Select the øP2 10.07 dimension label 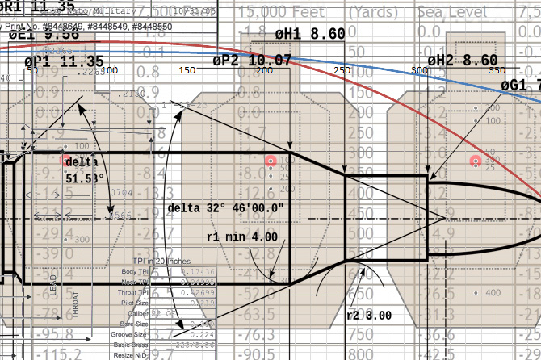tap(252, 61)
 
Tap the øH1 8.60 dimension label tap(310, 34)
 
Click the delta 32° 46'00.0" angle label tap(226, 207)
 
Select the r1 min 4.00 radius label tap(241, 237)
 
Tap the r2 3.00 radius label tap(369, 315)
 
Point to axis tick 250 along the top tap(342, 71)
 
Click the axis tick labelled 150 tap(187, 71)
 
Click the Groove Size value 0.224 tap(204, 333)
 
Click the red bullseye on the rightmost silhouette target tap(476, 161)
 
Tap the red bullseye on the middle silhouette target tap(270, 162)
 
